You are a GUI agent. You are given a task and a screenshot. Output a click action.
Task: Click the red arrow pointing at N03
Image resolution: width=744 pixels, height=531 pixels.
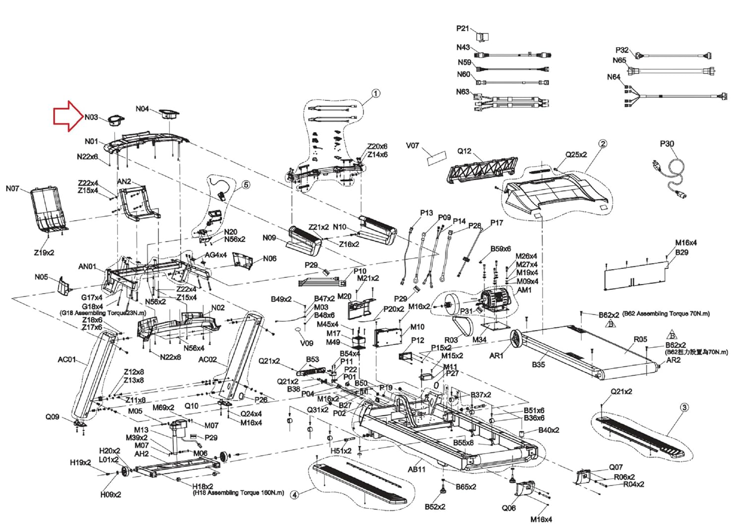click(67, 116)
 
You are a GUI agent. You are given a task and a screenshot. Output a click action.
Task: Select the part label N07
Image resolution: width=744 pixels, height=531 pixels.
click(12, 189)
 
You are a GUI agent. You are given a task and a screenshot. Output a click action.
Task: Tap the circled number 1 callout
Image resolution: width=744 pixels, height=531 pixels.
click(376, 93)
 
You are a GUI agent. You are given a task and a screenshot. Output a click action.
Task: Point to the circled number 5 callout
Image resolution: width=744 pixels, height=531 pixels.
click(246, 185)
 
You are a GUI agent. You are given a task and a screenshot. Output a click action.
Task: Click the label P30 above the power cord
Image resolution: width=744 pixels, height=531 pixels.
click(667, 143)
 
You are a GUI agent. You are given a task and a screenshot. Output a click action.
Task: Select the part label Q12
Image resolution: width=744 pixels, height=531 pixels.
click(464, 151)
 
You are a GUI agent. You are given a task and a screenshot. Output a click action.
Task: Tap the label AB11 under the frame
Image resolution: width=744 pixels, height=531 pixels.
click(417, 469)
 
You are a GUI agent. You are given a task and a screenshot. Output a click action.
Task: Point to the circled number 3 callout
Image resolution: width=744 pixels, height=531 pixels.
click(684, 407)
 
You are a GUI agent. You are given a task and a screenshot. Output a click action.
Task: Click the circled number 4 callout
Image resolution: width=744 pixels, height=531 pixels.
click(295, 494)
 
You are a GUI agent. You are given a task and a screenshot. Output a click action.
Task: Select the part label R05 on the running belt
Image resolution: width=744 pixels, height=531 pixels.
click(640, 339)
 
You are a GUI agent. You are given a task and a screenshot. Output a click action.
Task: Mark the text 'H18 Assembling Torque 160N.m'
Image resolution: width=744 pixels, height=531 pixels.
click(238, 493)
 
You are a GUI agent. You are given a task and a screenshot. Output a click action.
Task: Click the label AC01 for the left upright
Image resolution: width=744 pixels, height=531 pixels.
click(67, 359)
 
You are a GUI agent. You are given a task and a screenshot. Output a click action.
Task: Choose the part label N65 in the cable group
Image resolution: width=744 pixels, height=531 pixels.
click(619, 61)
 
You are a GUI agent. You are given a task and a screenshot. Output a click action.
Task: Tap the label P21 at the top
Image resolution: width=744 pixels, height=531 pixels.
click(463, 28)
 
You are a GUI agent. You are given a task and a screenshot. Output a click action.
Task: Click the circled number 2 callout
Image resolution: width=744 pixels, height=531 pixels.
click(603, 144)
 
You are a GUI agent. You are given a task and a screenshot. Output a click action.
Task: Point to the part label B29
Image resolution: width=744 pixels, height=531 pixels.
click(682, 252)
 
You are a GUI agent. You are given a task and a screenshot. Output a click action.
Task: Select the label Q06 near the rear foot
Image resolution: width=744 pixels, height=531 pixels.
click(509, 508)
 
